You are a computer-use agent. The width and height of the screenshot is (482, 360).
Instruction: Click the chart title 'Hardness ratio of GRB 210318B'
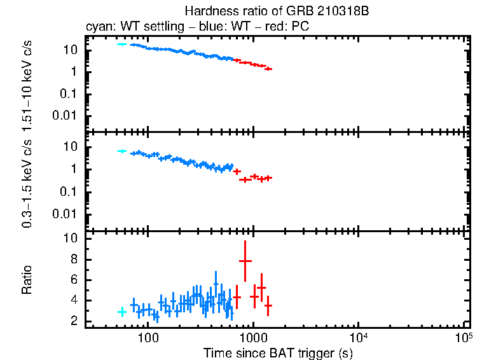coord(277,11)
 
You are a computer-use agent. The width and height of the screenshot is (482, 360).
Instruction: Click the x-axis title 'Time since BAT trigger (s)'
coord(277,352)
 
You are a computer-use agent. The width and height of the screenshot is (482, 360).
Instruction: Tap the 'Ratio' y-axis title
coord(27,280)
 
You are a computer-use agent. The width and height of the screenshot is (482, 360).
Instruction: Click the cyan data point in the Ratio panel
coord(122,312)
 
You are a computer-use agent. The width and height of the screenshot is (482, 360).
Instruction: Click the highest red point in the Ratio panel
coord(245,261)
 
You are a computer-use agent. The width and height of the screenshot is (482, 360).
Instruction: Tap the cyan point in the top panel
coord(122,44)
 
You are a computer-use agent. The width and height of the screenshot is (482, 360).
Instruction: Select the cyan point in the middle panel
coord(122,151)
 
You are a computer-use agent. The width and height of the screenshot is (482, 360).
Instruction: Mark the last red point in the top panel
coord(268,69)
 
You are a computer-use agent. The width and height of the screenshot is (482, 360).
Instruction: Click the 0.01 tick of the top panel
coord(66,115)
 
